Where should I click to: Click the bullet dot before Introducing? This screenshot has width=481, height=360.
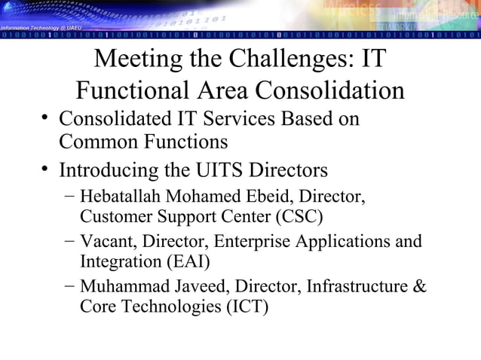pos(46,166)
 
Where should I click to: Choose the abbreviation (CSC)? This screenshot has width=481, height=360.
pos(299,218)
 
